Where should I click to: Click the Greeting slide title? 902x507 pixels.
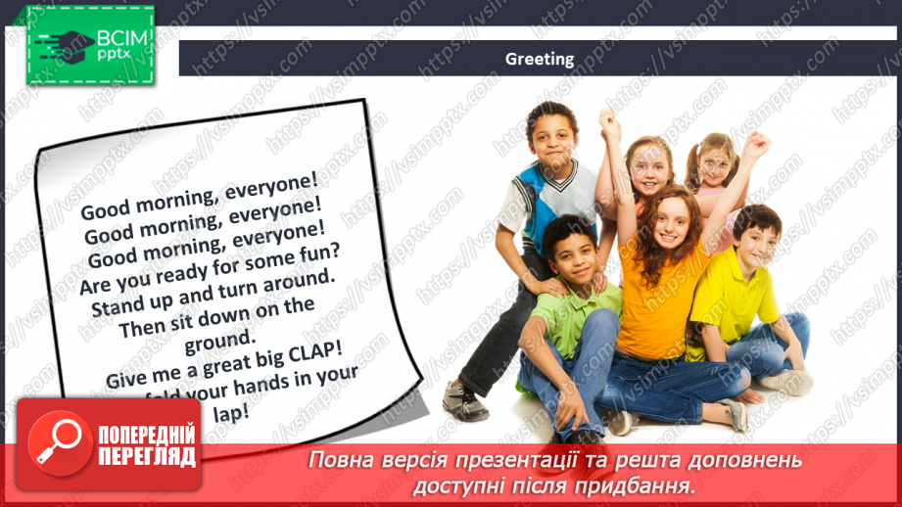(x=540, y=59)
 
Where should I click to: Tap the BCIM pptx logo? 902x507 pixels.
(x=90, y=44)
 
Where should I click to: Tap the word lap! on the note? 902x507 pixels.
(x=231, y=413)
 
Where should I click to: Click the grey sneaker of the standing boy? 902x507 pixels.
(x=465, y=400)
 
